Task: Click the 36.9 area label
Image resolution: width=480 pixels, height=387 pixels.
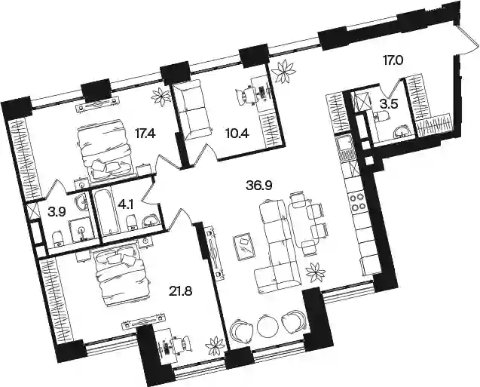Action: (x=259, y=185)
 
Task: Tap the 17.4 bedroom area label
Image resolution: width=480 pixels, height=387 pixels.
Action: (x=146, y=134)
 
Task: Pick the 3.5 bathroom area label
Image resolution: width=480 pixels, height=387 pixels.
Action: (x=390, y=104)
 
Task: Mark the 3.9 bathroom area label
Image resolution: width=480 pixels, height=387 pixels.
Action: (x=57, y=211)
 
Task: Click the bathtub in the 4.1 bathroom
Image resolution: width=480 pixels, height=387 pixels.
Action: (x=103, y=213)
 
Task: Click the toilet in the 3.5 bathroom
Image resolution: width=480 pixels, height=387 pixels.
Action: (x=381, y=115)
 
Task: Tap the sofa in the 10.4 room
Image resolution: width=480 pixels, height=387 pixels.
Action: (x=192, y=109)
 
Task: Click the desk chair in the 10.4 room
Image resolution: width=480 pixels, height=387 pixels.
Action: (x=245, y=93)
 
